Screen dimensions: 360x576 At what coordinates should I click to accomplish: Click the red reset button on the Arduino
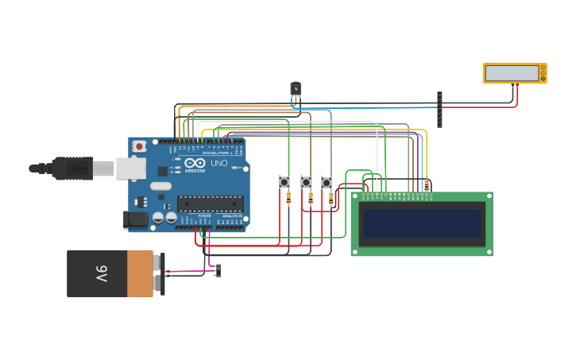coord(140,145)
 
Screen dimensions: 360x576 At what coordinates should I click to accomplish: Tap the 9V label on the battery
coord(102,273)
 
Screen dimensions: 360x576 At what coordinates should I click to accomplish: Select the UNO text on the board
coord(218,164)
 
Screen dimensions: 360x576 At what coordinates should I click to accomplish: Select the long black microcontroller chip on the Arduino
coord(210,204)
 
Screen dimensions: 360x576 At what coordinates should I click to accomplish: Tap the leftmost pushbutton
coord(284,182)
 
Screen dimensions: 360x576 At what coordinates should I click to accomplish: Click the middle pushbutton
coord(306,182)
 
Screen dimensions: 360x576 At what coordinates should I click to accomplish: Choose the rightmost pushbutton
coord(327,182)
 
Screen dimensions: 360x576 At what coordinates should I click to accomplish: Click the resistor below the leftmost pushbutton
coord(288,198)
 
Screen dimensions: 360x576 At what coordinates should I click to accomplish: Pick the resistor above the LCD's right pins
coord(427,185)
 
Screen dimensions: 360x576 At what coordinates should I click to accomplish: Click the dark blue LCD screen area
coord(422,223)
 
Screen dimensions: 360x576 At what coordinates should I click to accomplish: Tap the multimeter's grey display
coord(512,73)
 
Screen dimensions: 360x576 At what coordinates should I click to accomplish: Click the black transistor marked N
coord(296,91)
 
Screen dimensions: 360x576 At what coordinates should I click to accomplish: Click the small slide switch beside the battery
coord(218,270)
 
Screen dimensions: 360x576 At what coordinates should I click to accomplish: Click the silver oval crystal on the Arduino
coord(160,186)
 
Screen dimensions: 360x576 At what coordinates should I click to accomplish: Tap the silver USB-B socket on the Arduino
coord(130,168)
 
